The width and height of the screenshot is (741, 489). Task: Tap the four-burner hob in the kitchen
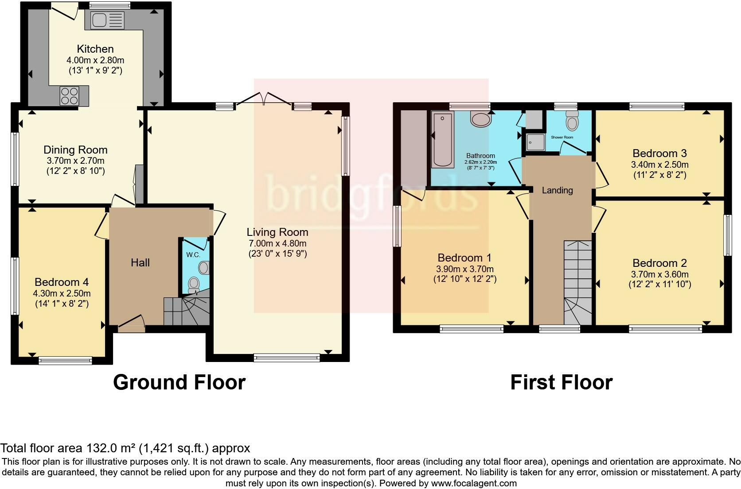(69, 96)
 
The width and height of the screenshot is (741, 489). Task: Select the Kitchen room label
(95, 49)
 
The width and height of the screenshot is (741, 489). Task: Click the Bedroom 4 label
(62, 282)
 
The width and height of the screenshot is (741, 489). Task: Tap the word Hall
(140, 263)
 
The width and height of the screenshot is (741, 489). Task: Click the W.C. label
(193, 255)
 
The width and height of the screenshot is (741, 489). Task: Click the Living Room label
(277, 232)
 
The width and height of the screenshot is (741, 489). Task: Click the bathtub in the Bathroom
(442, 139)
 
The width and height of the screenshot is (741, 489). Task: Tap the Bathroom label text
(480, 156)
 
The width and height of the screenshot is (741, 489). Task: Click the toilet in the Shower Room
(573, 120)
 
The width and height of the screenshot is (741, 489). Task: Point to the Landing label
(557, 190)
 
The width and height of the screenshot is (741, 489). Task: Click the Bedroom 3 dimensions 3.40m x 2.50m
(659, 165)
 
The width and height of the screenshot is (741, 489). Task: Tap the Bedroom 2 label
(659, 263)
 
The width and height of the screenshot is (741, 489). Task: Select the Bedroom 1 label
(464, 258)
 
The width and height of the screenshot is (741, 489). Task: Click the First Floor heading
(561, 382)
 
